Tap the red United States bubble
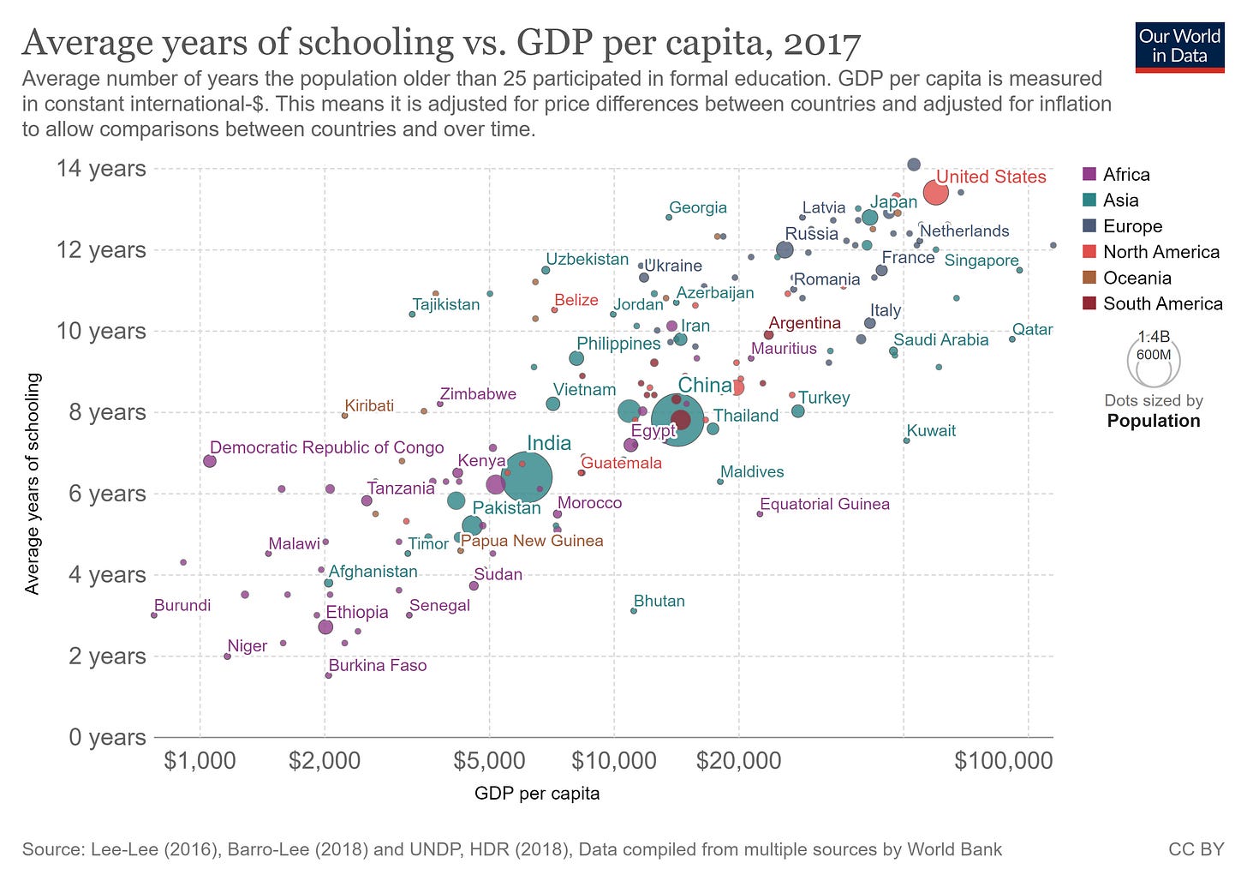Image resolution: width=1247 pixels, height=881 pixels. coord(935,193)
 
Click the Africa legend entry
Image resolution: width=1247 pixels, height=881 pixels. coord(1125,175)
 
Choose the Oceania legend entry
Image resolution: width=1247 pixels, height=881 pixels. coord(1137,278)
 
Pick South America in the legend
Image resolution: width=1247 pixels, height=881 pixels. coord(1162,303)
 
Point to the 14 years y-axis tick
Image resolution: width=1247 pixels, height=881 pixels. coord(101,168)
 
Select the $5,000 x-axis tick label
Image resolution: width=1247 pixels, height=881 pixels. coord(489,761)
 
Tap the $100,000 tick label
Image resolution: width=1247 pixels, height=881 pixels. coord(1003,761)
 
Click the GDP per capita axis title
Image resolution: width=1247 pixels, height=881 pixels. coord(537,794)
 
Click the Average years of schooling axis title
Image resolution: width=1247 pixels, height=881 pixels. coord(33,483)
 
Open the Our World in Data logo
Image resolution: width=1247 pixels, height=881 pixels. coord(1179,46)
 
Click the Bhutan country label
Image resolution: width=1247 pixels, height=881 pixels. coord(659,601)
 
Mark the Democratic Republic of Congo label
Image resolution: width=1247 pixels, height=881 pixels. coord(326,447)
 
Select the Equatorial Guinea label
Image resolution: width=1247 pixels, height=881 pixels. coord(824,504)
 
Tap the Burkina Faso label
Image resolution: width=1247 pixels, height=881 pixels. coord(377,666)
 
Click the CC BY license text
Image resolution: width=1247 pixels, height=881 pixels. coord(1196,849)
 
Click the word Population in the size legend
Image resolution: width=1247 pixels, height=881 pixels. coord(1153,421)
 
